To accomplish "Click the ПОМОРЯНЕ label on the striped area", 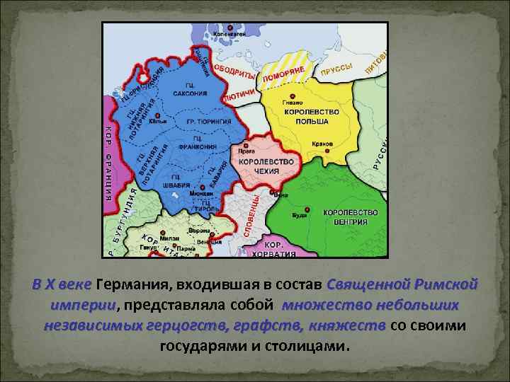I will coord(283,73).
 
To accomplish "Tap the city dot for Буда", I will coord(307,209).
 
